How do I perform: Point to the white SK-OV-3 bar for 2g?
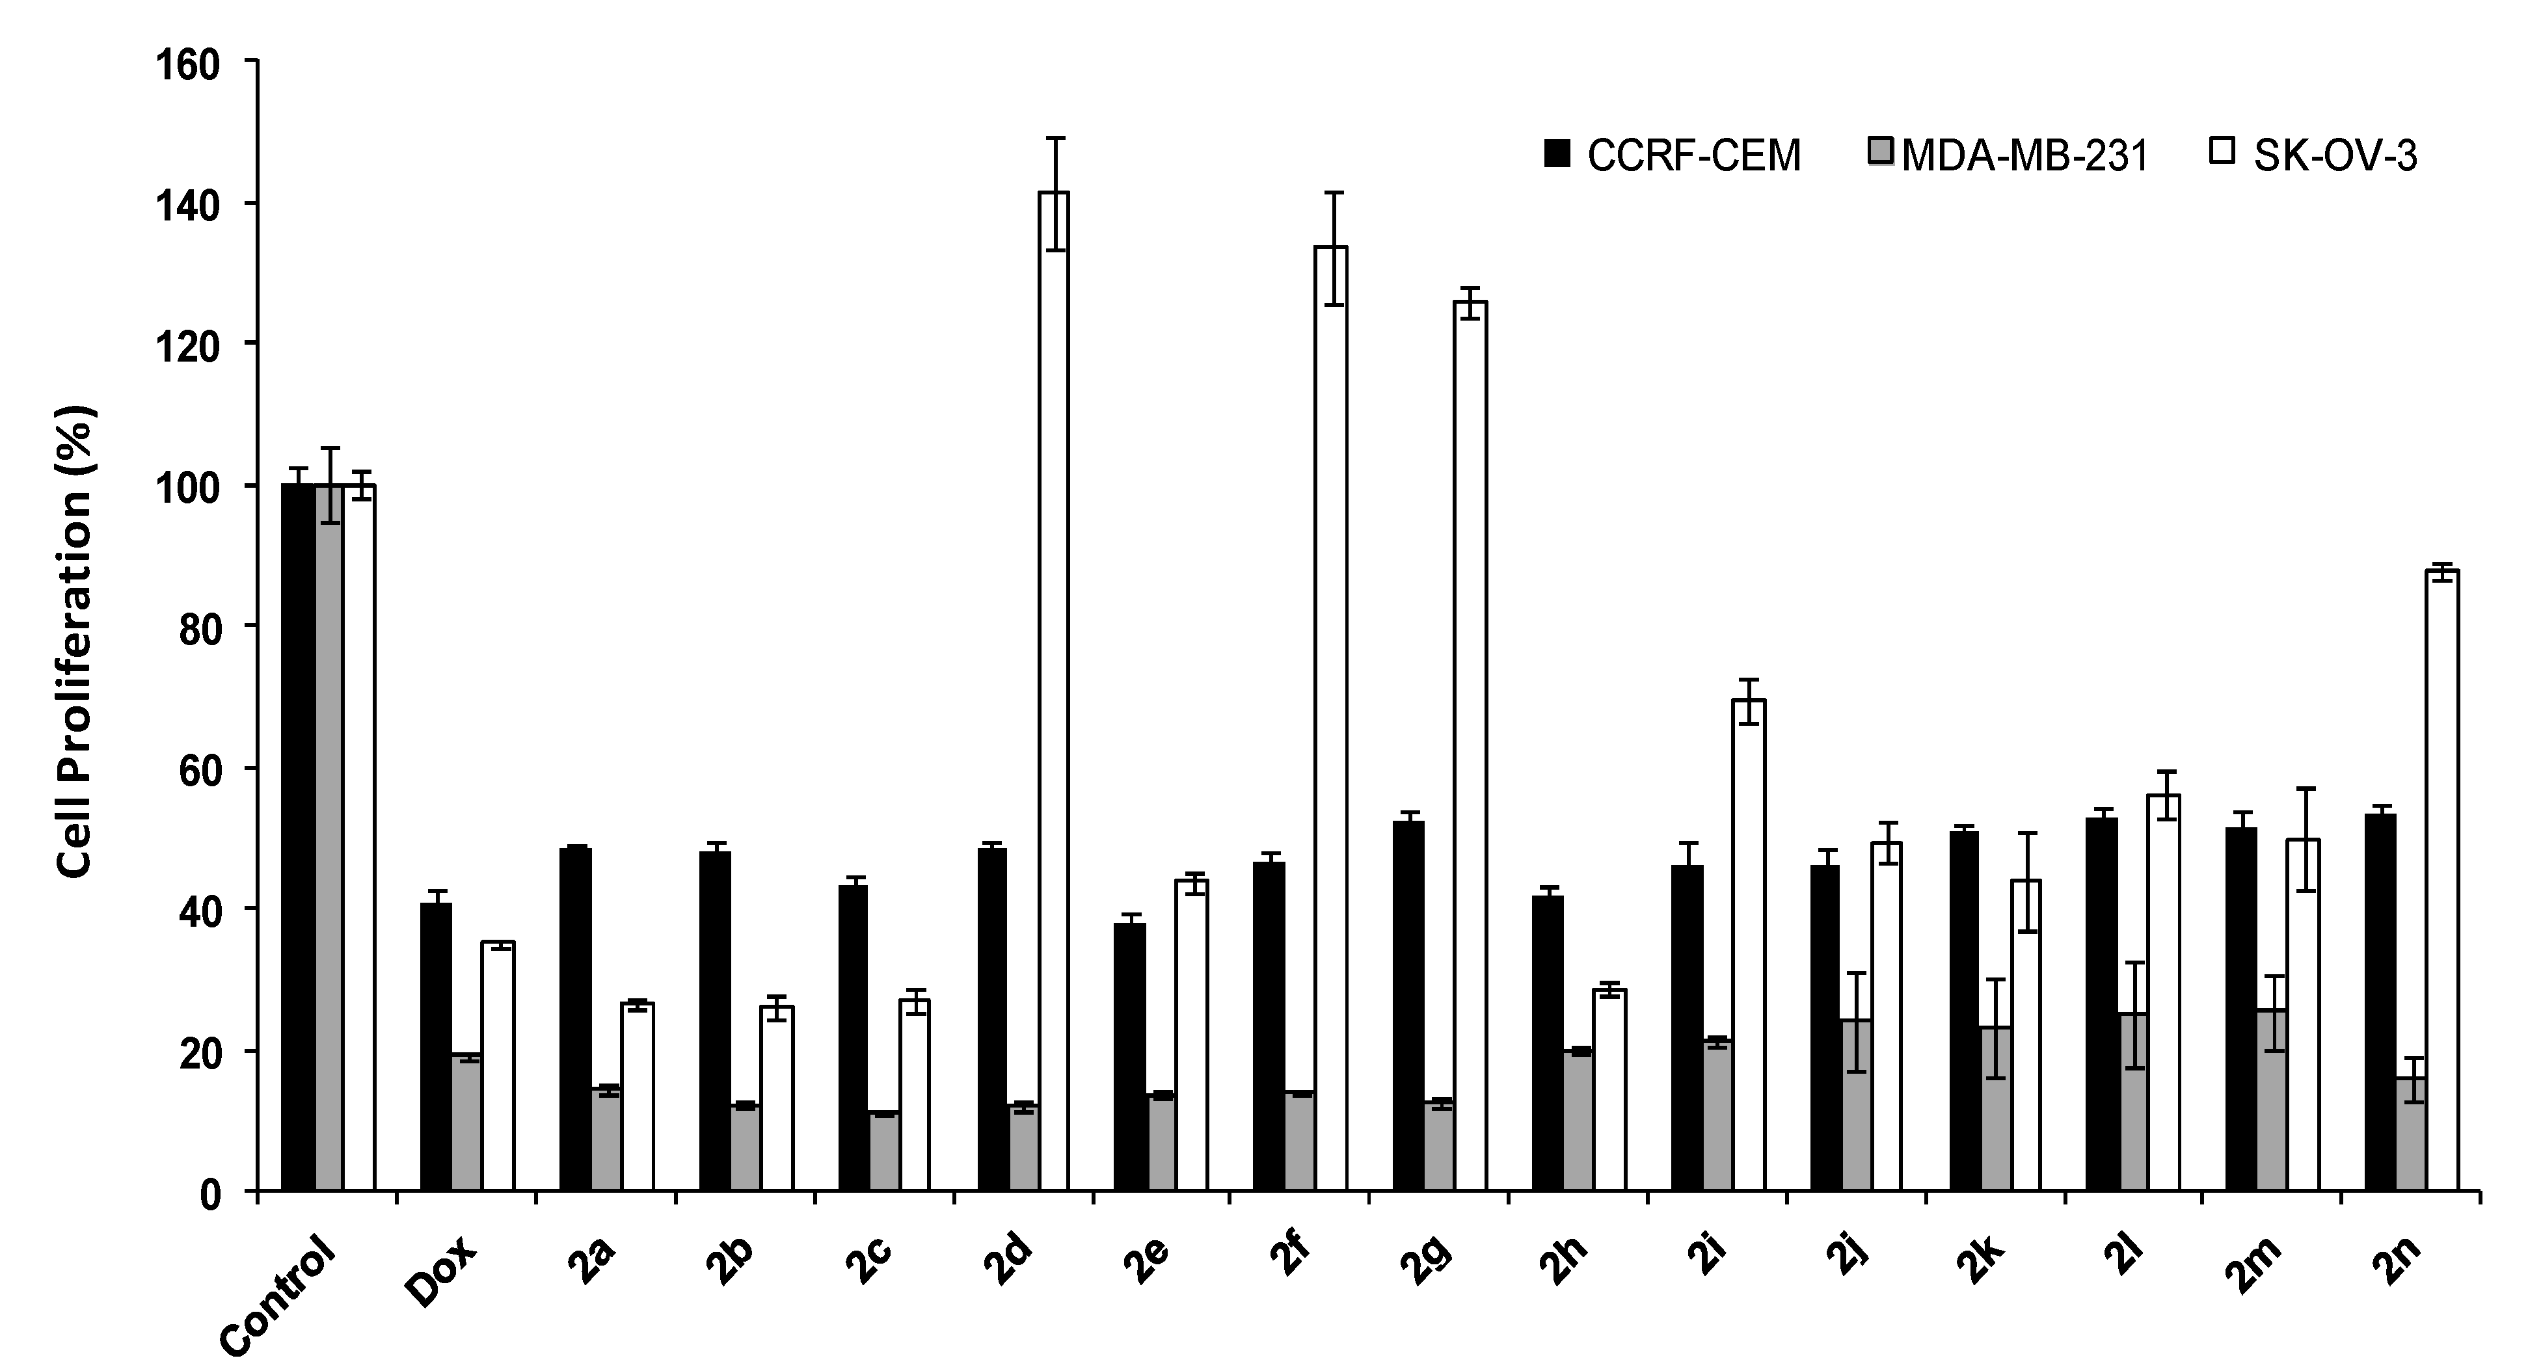pyautogui.click(x=1470, y=747)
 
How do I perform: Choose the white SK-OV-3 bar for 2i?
pyautogui.click(x=1749, y=946)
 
